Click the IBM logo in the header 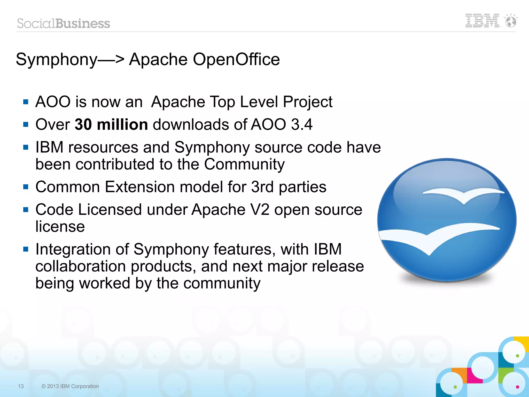[482, 21]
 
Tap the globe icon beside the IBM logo [511, 21]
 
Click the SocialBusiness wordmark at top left [64, 24]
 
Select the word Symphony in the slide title [57, 60]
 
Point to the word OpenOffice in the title [236, 59]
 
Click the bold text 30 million [111, 124]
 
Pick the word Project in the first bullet [307, 102]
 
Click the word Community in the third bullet [244, 165]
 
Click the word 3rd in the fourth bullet [262, 187]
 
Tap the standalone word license [60, 227]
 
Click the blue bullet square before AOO [26, 102]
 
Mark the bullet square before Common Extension [26, 187]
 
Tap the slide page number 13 [21, 386]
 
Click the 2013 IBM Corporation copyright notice [70, 386]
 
